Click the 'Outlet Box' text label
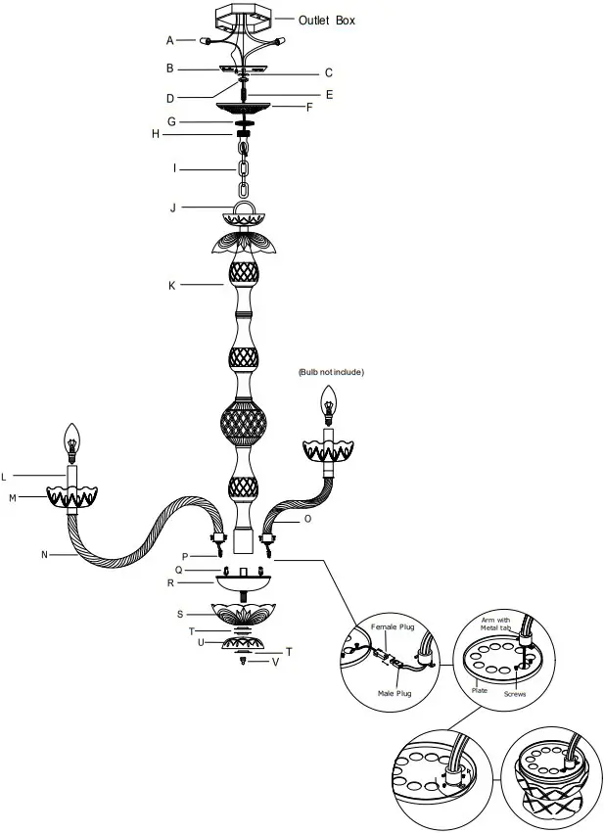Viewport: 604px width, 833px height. [328, 19]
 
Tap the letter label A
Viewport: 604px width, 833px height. [170, 40]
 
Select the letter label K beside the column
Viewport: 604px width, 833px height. [171, 286]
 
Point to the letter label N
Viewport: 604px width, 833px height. [44, 555]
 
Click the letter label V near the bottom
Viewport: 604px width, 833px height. [276, 663]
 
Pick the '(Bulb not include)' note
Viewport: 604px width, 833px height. [331, 372]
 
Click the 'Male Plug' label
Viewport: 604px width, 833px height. [395, 692]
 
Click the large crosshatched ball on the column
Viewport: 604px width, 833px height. [242, 424]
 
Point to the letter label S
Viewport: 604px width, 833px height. [179, 614]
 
